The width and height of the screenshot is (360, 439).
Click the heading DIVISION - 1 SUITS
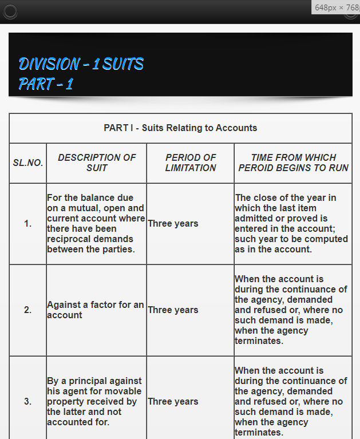pos(81,64)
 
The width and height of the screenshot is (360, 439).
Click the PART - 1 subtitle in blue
pos(46,84)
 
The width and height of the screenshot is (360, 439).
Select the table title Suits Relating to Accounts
pos(180,128)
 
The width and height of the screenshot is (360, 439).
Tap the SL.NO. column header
pos(28,163)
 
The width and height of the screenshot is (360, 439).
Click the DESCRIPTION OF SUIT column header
pos(97,163)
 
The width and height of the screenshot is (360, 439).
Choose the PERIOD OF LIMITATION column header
pos(191,163)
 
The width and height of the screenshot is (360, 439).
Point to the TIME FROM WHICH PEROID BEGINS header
pos(293,163)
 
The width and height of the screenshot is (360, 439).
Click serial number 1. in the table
pos(28,224)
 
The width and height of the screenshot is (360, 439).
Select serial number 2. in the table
pos(28,310)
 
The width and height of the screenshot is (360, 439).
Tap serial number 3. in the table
pos(28,401)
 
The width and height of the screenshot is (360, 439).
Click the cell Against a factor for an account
pos(95,310)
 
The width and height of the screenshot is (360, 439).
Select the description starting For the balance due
pos(96,224)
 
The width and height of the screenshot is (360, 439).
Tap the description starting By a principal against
pos(94,401)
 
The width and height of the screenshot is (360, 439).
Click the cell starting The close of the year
pos(291,224)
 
